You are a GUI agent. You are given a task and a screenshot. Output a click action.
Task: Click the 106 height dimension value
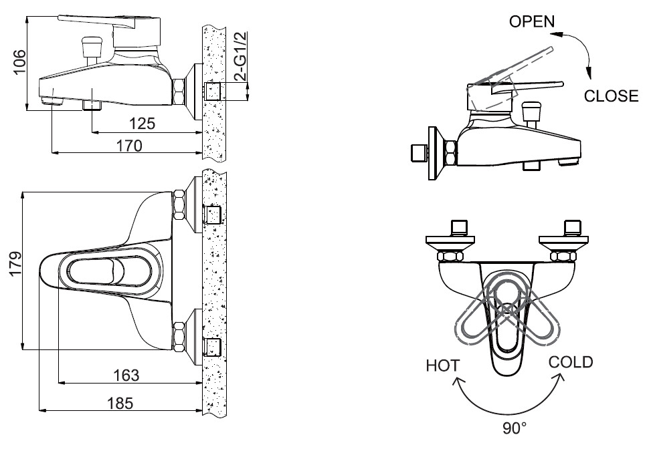tap(19, 61)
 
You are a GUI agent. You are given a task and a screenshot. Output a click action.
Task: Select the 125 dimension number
tap(141, 124)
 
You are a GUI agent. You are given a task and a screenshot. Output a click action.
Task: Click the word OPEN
tap(532, 21)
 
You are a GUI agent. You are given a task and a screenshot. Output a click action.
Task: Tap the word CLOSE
tap(611, 96)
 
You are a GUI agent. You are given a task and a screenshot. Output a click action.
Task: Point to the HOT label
tap(442, 365)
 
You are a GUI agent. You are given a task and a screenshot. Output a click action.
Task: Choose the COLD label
tap(571, 362)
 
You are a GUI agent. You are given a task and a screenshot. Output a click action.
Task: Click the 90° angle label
tap(515, 428)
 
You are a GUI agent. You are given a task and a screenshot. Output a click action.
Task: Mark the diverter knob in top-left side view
tap(90, 48)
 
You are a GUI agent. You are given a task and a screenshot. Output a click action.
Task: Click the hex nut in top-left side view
tap(180, 92)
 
